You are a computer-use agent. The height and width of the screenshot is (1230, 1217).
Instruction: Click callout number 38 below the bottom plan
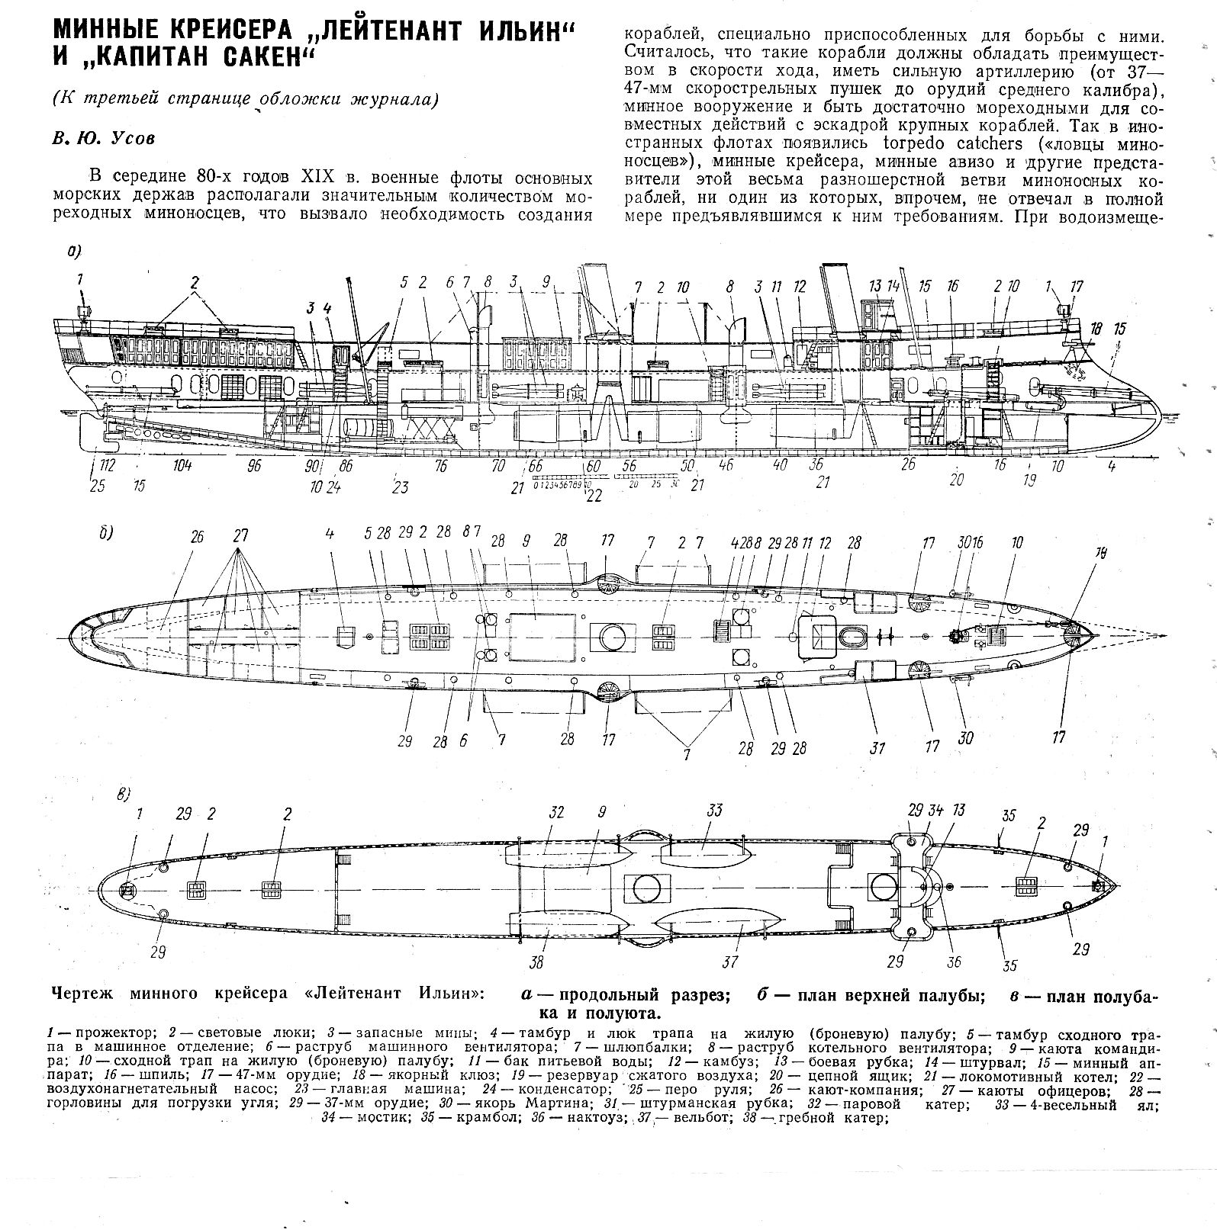pyautogui.click(x=537, y=962)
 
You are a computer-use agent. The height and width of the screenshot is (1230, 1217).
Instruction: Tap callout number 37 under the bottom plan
pyautogui.click(x=730, y=962)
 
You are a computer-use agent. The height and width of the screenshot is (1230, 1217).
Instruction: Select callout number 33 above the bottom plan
pyautogui.click(x=713, y=810)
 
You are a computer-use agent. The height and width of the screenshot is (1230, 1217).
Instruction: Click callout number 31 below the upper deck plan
pyautogui.click(x=877, y=748)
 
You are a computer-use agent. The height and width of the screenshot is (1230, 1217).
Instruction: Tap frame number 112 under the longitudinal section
pyautogui.click(x=106, y=466)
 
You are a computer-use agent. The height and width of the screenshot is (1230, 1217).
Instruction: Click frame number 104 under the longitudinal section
pyautogui.click(x=182, y=466)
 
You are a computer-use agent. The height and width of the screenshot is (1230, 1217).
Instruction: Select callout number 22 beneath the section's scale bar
pyautogui.click(x=593, y=496)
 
